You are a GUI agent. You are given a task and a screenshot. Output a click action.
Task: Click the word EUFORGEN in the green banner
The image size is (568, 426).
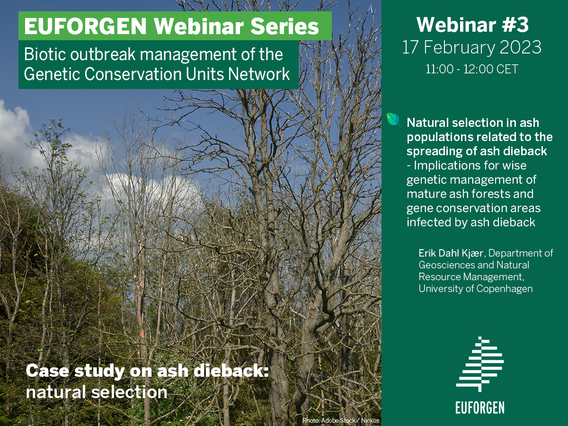click(85, 27)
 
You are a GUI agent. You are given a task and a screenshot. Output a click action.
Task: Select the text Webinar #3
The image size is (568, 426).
click(472, 25)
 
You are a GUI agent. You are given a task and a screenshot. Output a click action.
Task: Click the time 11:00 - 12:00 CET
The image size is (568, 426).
click(472, 69)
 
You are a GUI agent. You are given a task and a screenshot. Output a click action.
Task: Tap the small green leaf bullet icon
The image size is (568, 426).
click(394, 120)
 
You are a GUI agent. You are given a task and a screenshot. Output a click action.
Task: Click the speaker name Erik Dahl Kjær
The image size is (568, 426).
click(451, 253)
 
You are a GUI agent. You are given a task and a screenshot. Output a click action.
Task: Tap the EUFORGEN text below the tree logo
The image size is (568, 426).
click(480, 408)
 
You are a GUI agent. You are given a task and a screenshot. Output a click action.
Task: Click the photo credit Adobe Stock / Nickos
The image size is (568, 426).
click(350, 421)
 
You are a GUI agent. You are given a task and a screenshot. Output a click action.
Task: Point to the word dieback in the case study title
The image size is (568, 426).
click(231, 371)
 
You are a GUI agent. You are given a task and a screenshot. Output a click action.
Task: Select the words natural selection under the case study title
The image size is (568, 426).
click(97, 392)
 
